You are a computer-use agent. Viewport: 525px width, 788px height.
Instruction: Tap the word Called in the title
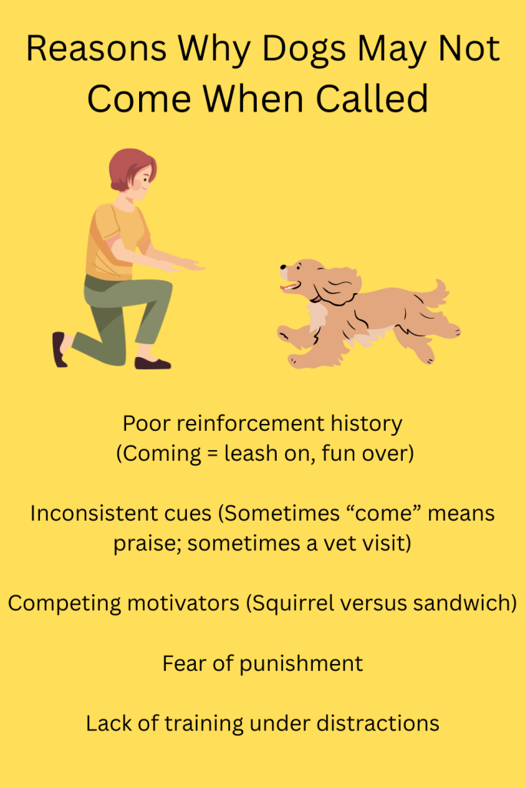click(368, 98)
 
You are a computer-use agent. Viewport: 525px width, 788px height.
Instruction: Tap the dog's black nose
click(282, 269)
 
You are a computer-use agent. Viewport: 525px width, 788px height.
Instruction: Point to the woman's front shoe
click(151, 362)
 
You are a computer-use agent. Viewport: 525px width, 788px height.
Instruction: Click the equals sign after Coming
click(201, 454)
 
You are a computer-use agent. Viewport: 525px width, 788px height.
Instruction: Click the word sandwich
click(469, 603)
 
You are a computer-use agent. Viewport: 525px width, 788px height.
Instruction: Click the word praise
click(148, 543)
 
